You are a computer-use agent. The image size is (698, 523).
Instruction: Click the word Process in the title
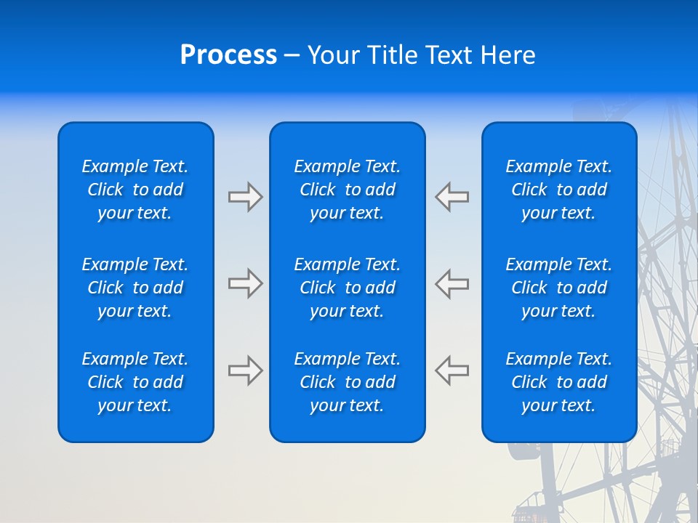228,55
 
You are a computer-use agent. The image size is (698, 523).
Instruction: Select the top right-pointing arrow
246,197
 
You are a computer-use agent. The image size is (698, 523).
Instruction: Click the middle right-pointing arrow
246,283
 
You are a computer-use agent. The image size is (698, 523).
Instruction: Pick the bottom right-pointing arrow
246,370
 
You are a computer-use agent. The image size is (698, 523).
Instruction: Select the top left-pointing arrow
452,197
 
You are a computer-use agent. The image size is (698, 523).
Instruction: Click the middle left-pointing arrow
452,283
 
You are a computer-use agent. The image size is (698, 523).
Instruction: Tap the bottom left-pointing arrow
452,370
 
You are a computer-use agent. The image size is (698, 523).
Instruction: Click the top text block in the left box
135,190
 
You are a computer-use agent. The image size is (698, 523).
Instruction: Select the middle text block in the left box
135,288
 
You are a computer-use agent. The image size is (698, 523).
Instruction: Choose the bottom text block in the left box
135,382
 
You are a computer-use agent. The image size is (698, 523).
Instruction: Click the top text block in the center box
347,190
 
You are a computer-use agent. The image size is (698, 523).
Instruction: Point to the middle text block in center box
347,288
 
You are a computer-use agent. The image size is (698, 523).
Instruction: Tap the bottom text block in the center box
347,382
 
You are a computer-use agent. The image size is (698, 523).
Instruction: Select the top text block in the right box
558,190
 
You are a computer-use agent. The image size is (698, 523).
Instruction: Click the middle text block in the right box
558,288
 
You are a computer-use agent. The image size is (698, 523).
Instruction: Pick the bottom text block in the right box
558,382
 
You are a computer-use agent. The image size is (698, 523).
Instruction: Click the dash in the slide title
292,56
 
